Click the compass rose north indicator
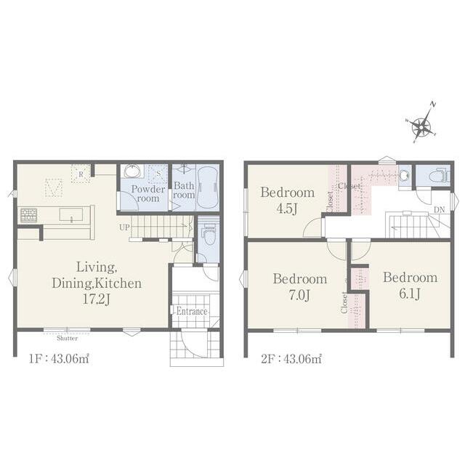click(433, 105)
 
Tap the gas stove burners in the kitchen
click(29, 215)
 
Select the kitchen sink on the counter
click(71, 214)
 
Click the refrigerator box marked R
click(81, 174)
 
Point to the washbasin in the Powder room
click(132, 171)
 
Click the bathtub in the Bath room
click(208, 187)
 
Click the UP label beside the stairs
click(124, 227)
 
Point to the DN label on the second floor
click(439, 210)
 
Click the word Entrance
click(192, 312)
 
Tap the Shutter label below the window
click(68, 338)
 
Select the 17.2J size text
click(97, 299)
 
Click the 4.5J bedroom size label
click(287, 209)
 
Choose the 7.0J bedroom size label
click(299, 295)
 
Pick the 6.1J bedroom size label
click(410, 294)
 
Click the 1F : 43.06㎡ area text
click(59, 359)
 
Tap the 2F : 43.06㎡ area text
click(291, 359)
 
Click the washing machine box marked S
click(158, 174)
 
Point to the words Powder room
click(148, 193)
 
